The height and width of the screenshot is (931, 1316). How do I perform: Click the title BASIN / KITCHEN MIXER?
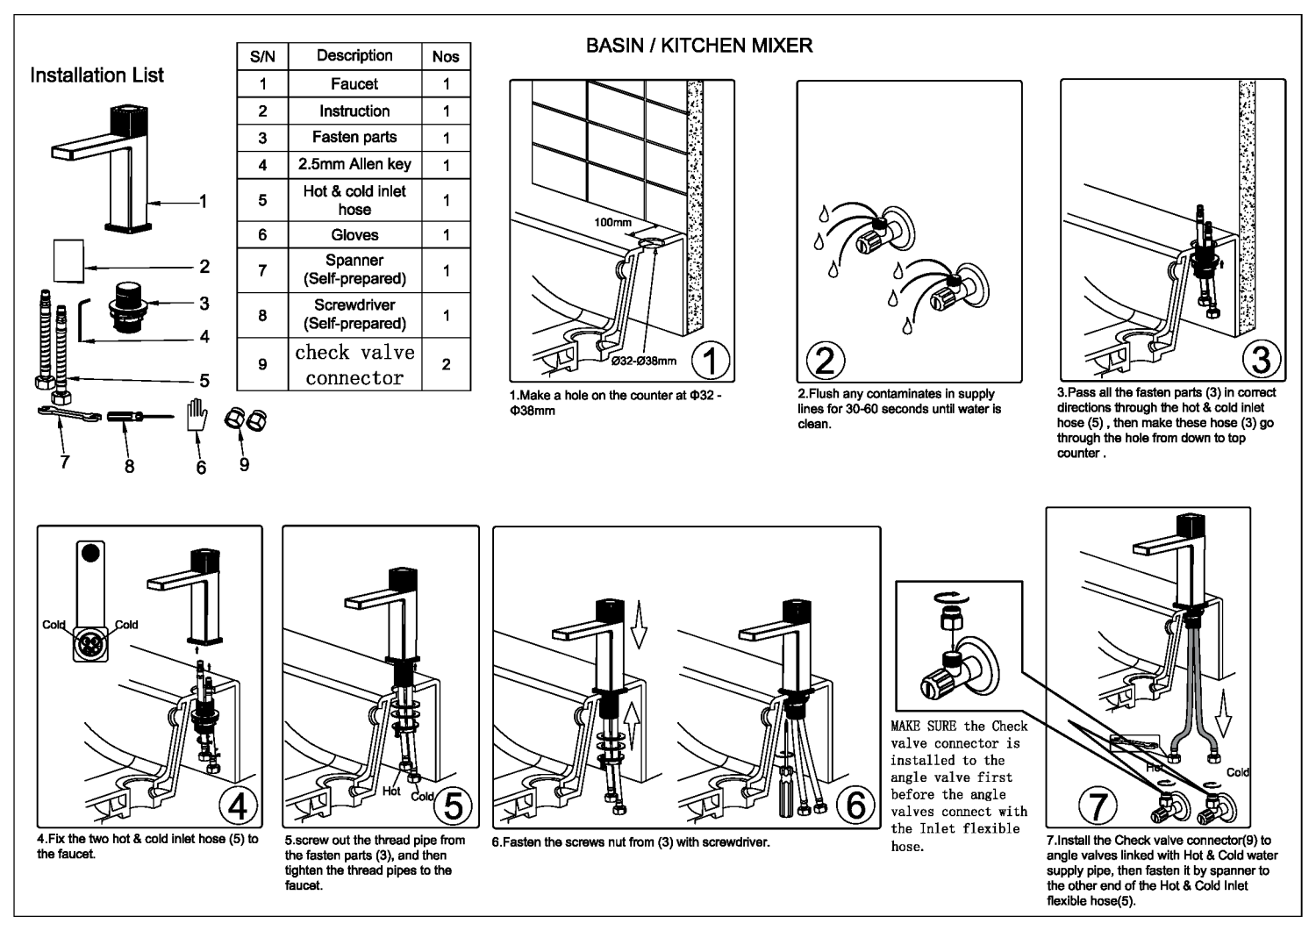(x=699, y=46)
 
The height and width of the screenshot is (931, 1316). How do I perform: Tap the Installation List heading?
(x=97, y=75)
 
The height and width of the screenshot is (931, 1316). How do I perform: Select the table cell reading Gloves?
(x=354, y=235)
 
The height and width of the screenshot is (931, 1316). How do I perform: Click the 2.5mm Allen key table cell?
(x=354, y=164)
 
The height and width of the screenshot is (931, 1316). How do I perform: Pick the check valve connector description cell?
(x=354, y=364)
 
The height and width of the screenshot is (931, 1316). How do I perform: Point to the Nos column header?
(x=446, y=56)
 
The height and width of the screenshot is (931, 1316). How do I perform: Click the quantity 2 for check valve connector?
(x=446, y=364)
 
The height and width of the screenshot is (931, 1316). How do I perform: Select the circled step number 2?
(x=825, y=360)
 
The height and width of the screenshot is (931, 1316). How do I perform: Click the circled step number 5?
(x=453, y=806)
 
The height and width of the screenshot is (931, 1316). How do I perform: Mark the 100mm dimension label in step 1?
(x=612, y=223)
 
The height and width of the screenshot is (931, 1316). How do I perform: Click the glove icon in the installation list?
(x=197, y=415)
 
